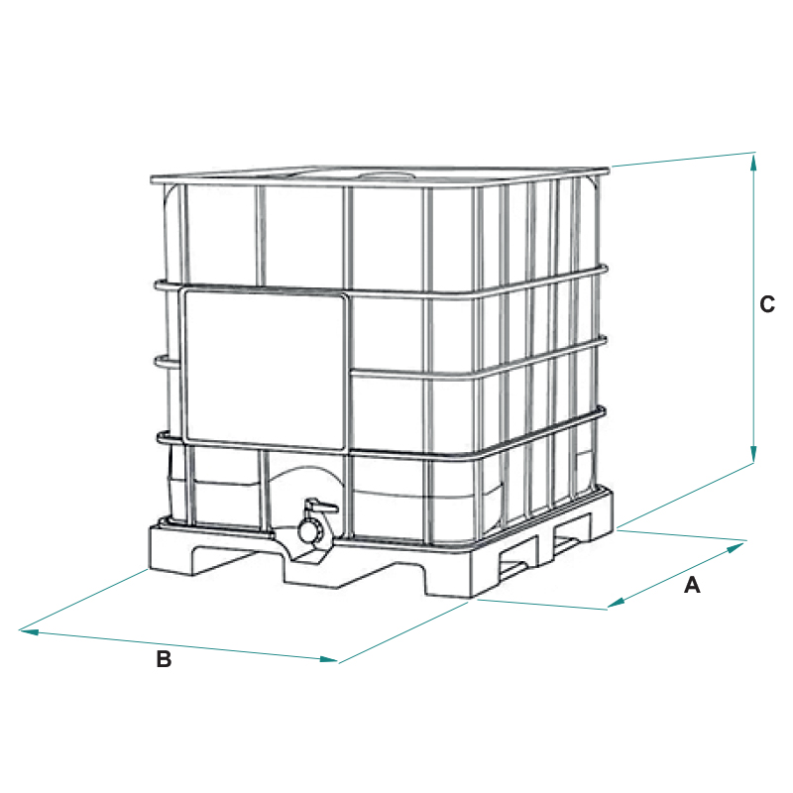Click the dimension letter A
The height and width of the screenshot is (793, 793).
pos(692,585)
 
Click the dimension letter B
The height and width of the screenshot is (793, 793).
pos(164,659)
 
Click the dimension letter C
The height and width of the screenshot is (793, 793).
pos(767,304)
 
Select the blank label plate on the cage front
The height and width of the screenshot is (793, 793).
pos(266,370)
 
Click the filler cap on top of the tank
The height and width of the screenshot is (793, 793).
pos(387,176)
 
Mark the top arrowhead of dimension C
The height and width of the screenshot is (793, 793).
pos(753,162)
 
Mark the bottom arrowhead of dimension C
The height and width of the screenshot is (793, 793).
pos(753,453)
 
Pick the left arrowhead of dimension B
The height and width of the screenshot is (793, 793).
pos(29,631)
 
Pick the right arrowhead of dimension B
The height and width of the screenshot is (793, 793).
pos(329,659)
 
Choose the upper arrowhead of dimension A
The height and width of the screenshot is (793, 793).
pos(737,546)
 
